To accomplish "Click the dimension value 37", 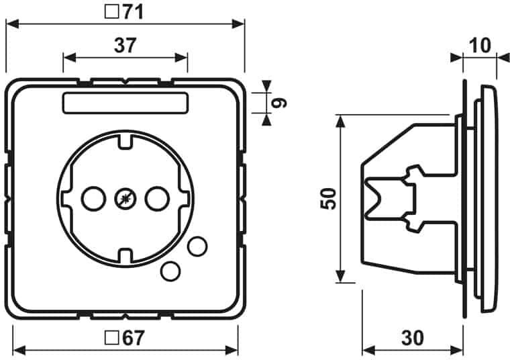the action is coord(125,45).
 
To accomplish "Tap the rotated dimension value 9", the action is coord(281,103).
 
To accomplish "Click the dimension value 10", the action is coord(480,46).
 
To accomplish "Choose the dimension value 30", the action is coord(414,338).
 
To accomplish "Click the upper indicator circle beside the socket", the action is coord(197,246).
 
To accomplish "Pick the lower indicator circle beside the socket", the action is coord(171,270).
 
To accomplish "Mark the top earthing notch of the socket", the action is coord(125,142).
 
